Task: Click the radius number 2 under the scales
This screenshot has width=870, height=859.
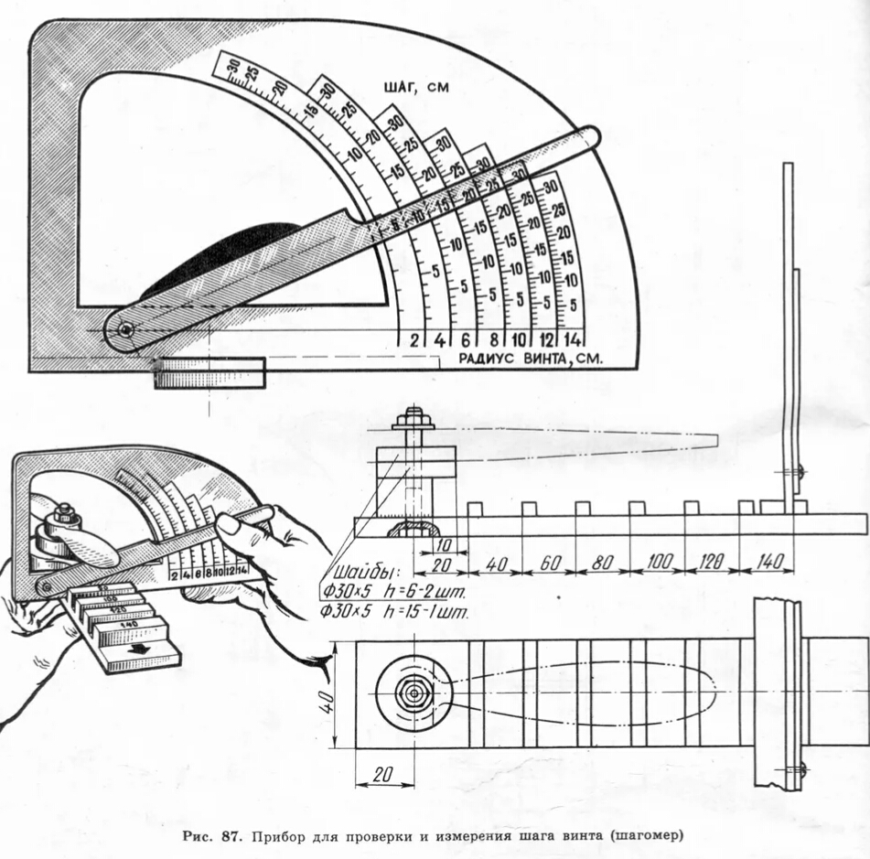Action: [x=414, y=339]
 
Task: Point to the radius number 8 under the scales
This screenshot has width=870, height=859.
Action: [x=494, y=339]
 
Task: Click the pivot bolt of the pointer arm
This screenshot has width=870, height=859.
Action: [x=124, y=329]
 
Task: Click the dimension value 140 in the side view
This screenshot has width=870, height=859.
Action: [x=769, y=562]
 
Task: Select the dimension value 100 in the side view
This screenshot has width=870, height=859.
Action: [x=658, y=562]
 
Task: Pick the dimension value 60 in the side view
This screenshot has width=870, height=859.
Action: [x=549, y=562]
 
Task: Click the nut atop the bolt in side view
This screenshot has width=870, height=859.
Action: [x=414, y=422]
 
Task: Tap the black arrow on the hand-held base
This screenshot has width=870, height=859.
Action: [x=139, y=647]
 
